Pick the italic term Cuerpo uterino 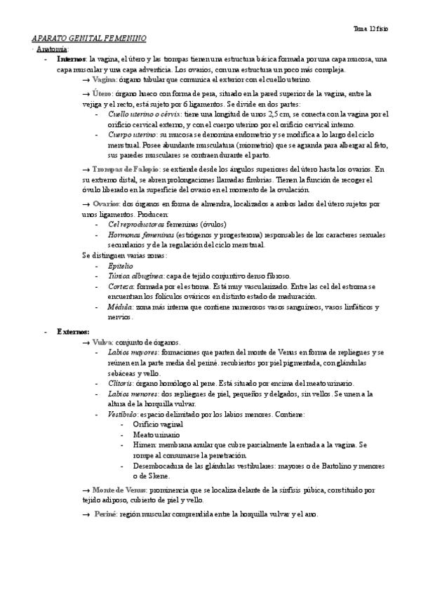tap(132, 133)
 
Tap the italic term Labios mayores tap(133, 352)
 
